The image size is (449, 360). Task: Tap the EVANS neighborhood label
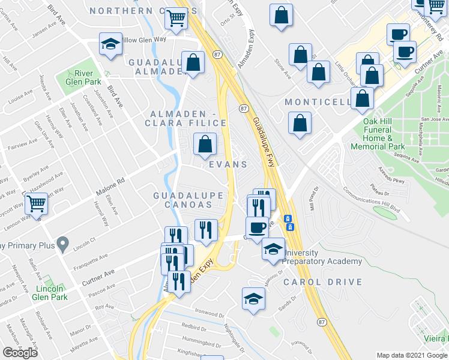pos(228,164)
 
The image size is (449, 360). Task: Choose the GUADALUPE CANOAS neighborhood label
pos(188,200)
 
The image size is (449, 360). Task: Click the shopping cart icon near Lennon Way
pos(37,205)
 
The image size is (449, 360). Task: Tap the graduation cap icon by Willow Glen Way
pos(110,44)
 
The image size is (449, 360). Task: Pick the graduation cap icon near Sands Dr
pos(253,298)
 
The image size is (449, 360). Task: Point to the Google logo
pos(20,353)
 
